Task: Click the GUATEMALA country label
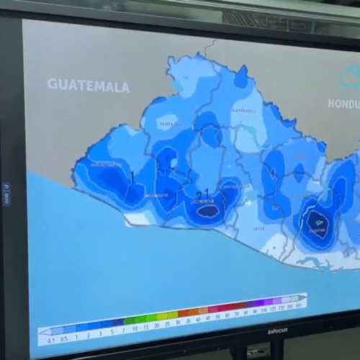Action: coord(89,86)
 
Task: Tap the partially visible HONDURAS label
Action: coord(343,103)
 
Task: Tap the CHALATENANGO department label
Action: coord(243,111)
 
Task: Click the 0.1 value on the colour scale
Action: coord(51,340)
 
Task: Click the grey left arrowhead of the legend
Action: coord(44,332)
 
